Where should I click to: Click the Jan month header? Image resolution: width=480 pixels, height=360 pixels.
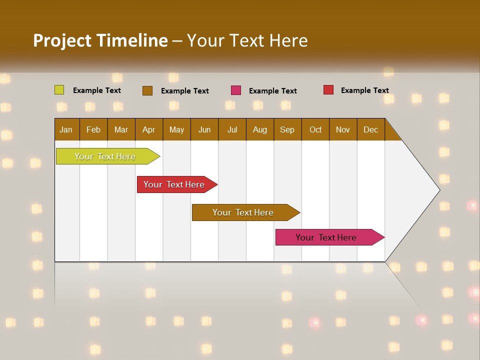[66, 129]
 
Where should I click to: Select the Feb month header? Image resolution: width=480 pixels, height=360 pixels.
[93, 129]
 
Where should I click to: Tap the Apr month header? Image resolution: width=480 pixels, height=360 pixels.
[149, 129]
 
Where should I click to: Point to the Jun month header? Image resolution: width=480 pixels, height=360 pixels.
[204, 129]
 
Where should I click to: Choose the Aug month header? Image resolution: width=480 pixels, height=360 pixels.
[260, 129]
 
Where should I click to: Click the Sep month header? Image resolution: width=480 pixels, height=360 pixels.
[287, 129]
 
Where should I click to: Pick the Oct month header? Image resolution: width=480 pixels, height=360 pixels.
[315, 129]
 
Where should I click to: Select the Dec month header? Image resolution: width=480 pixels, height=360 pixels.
[371, 129]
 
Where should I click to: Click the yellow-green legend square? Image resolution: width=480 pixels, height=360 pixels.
[59, 90]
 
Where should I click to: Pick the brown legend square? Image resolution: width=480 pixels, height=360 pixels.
[147, 90]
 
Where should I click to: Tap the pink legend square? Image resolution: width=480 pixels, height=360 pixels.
[236, 90]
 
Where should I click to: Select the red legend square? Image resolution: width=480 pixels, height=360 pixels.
[328, 90]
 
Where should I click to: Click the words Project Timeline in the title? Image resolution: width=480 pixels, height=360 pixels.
[100, 40]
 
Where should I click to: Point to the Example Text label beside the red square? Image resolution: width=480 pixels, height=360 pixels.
[364, 90]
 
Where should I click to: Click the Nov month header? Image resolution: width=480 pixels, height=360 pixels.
[343, 129]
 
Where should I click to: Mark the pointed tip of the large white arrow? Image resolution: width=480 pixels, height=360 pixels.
[439, 189]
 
